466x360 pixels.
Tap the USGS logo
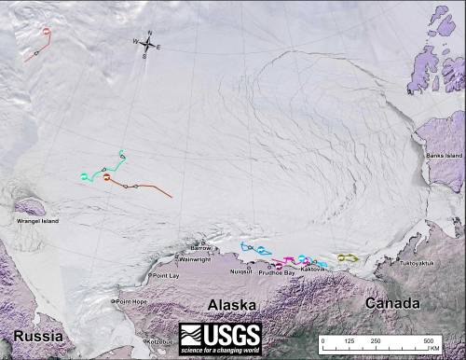(x=220, y=336)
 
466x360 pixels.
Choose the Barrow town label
(x=201, y=248)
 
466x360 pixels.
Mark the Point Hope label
(x=130, y=301)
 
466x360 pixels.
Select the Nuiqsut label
(x=240, y=271)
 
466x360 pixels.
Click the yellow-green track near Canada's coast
(x=347, y=256)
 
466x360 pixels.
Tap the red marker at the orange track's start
(x=107, y=177)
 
